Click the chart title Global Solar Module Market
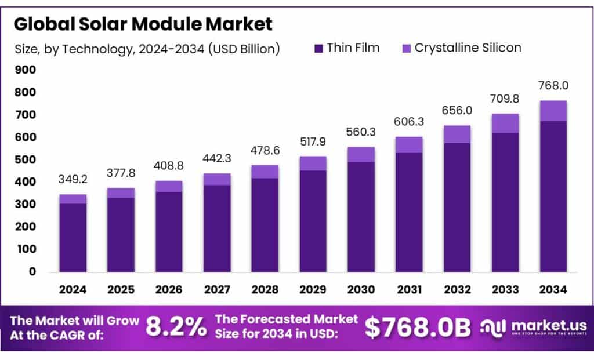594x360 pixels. point(143,24)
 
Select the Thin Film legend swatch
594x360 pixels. point(318,48)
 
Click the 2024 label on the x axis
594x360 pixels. point(73,289)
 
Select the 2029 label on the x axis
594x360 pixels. point(313,289)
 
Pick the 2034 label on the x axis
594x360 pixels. point(553,289)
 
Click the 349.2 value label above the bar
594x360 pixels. point(73,180)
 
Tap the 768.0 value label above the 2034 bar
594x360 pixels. point(553,85)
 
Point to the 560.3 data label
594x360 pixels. point(361,132)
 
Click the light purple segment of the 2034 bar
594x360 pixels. point(553,111)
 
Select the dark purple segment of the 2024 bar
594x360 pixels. point(73,238)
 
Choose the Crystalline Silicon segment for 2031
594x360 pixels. point(409,144)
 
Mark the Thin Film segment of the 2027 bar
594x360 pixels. point(217,228)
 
